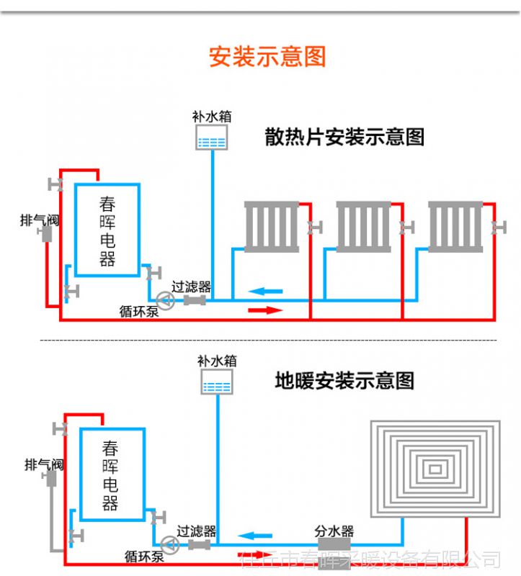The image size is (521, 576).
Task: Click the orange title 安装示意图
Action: pos(267,56)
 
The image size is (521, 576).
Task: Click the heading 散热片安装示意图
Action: pos(344,137)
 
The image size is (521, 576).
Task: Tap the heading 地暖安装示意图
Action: pos(344,380)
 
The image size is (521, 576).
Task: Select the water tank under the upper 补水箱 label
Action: pos(212,137)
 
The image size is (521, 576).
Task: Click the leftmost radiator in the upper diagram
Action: pos(271,227)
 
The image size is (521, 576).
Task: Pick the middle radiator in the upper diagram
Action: pos(363,227)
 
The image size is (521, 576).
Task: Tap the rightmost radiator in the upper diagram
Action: pos(455,227)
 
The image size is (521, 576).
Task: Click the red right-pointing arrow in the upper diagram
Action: pos(264,310)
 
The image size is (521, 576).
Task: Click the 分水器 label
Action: pos(334,531)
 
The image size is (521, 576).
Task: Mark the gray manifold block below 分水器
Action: pos(334,545)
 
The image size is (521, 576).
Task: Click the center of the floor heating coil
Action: pos(435,469)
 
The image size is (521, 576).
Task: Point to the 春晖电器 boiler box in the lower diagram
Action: pos(112,474)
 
